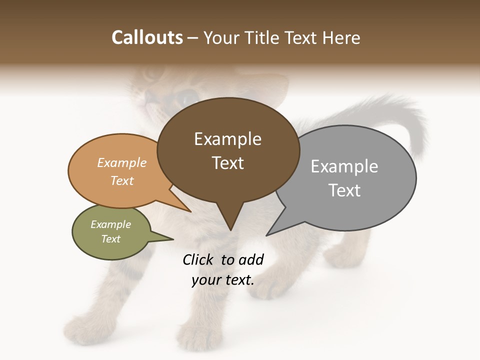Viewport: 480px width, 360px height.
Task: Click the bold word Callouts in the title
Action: (x=147, y=37)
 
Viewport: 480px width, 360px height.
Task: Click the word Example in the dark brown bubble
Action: (x=227, y=139)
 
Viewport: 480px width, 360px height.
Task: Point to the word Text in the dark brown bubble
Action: (x=227, y=163)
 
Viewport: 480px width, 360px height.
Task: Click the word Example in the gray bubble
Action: (x=344, y=166)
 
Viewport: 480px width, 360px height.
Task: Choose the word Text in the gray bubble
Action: (x=344, y=190)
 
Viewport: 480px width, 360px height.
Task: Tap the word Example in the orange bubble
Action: (x=122, y=162)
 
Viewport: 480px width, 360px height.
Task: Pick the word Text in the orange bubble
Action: (x=122, y=180)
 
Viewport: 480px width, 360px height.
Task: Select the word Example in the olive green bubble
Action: (x=110, y=224)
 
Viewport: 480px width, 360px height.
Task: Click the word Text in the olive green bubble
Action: (x=110, y=239)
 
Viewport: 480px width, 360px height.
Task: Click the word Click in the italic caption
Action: (x=199, y=259)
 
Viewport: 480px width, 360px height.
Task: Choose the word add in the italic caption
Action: (x=251, y=259)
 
